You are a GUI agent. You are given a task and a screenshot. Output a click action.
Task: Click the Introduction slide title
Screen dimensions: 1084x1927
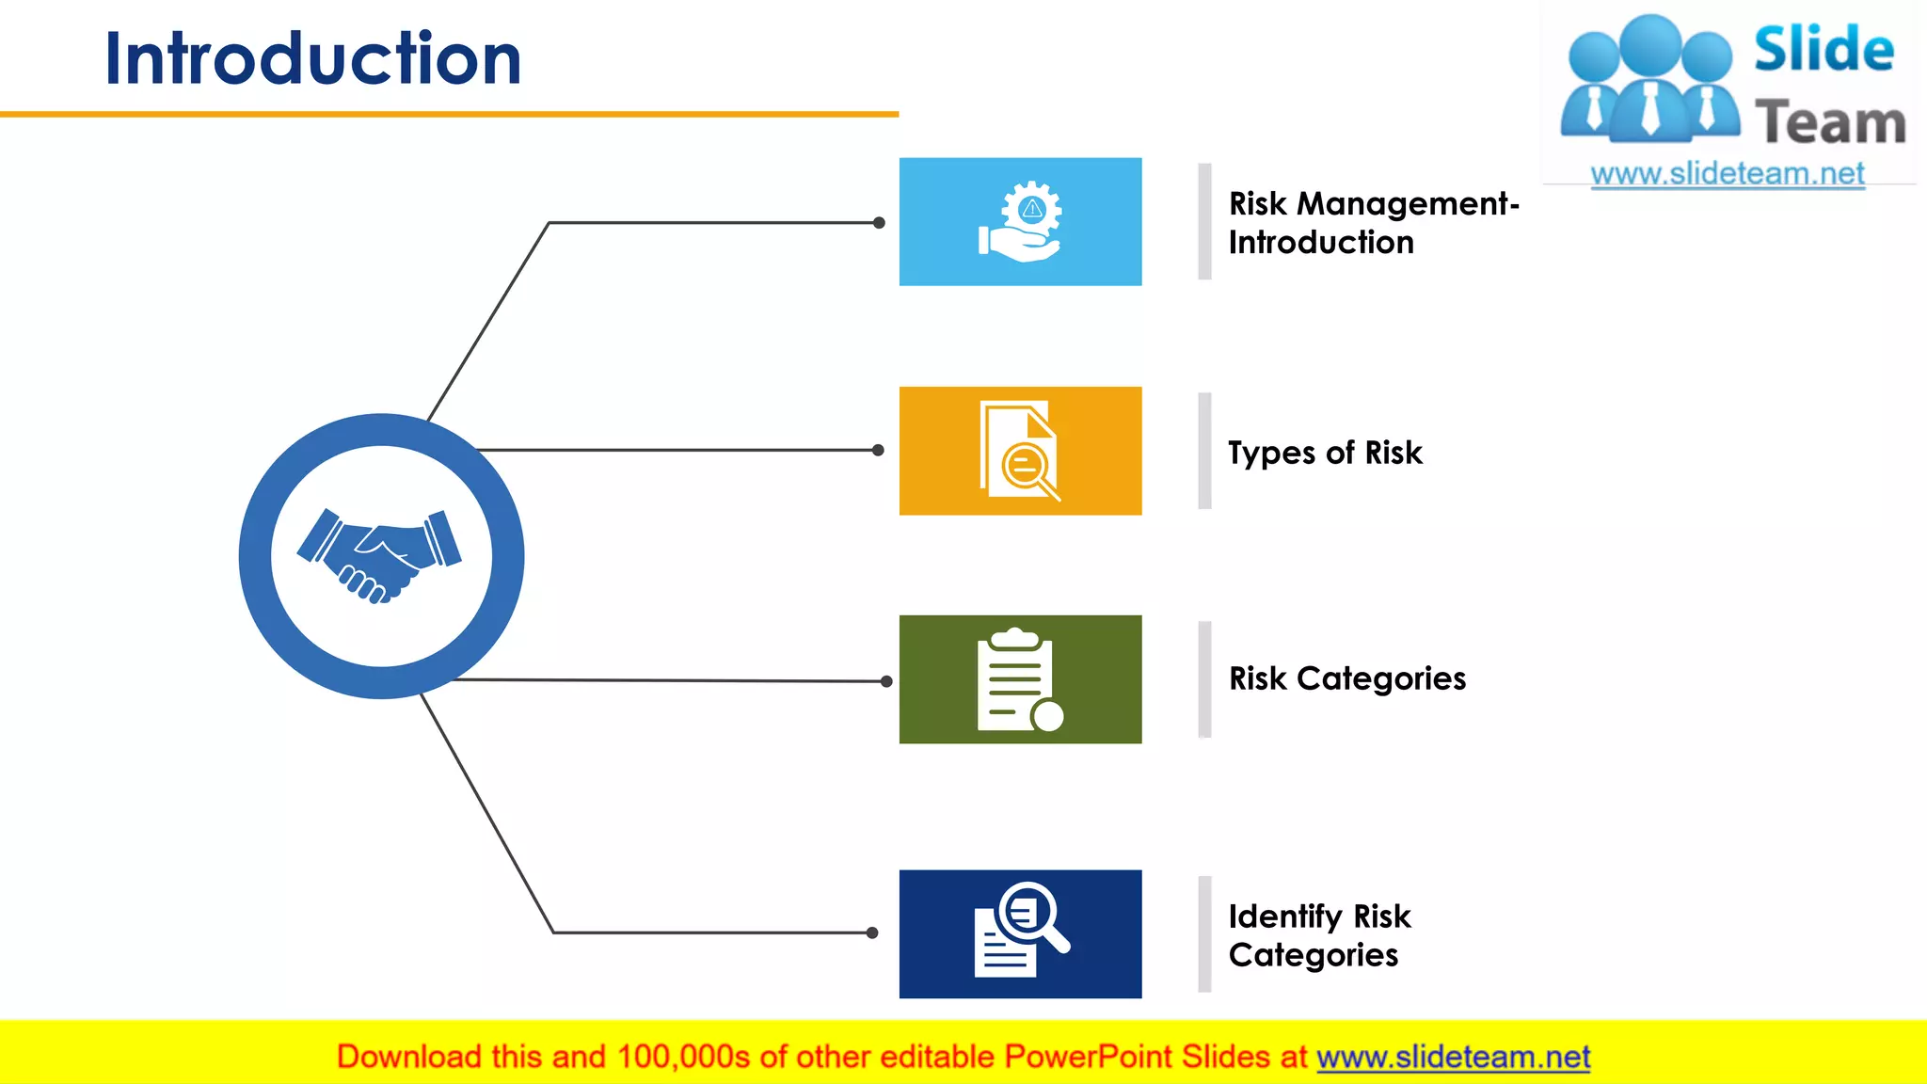point(312,58)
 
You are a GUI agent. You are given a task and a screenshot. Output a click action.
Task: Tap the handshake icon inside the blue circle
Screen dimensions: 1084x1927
point(380,555)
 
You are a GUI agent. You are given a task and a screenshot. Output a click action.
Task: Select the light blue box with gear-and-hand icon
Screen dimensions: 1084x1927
point(1020,222)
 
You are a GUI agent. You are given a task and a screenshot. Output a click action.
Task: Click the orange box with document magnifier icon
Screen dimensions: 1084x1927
point(1020,451)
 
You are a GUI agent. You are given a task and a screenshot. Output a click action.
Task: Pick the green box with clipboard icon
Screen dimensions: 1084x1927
point(1020,679)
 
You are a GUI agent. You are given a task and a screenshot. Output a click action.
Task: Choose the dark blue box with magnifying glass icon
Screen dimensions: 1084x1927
point(1020,933)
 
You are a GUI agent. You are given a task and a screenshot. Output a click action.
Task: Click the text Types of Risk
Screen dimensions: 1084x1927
point(1325,453)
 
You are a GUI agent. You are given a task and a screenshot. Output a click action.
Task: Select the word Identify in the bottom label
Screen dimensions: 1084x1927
point(1285,917)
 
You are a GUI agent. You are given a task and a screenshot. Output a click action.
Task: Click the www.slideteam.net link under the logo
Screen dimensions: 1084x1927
point(1727,174)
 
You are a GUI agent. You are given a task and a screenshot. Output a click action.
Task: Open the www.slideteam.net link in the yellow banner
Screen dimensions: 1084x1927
point(1453,1057)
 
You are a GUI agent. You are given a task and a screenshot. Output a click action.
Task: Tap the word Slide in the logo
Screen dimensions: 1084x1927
point(1823,49)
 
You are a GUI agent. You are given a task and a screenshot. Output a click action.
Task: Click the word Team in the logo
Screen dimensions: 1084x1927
point(1830,123)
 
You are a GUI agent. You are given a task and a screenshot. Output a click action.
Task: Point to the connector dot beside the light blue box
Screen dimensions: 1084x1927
point(879,223)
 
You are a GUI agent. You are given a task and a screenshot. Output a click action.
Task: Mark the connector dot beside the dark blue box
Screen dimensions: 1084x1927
point(872,933)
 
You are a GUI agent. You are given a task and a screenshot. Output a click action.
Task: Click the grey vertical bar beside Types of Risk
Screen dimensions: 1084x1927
point(1204,451)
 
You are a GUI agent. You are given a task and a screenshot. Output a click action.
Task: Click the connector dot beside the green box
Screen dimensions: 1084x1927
point(886,681)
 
